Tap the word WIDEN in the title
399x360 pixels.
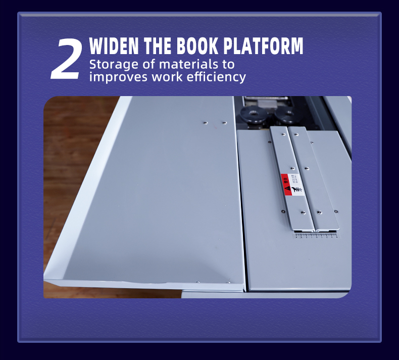[114, 46]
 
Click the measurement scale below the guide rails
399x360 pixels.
[316, 235]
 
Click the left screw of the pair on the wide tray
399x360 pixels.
[205, 122]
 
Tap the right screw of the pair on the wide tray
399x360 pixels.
[224, 122]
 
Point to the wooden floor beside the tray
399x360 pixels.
[66, 152]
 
